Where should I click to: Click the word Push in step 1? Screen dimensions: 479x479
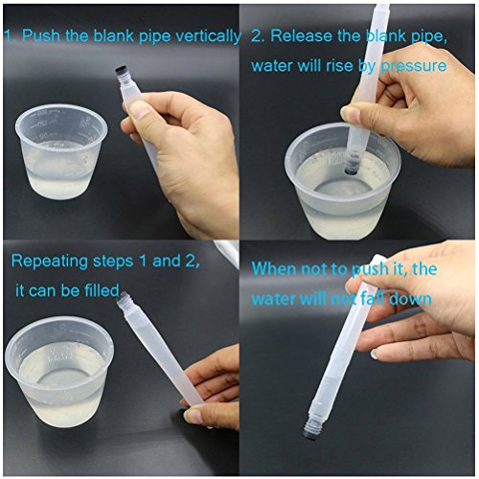click(x=41, y=36)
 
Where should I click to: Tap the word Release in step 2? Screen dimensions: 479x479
click(x=300, y=36)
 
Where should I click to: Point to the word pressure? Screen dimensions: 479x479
click(x=412, y=66)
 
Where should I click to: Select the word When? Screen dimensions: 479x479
click(x=274, y=270)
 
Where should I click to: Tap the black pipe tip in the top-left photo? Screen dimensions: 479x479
click(x=120, y=73)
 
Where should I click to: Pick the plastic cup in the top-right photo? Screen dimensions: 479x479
click(x=331, y=182)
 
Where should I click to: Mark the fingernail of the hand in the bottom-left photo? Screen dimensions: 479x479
click(x=194, y=416)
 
